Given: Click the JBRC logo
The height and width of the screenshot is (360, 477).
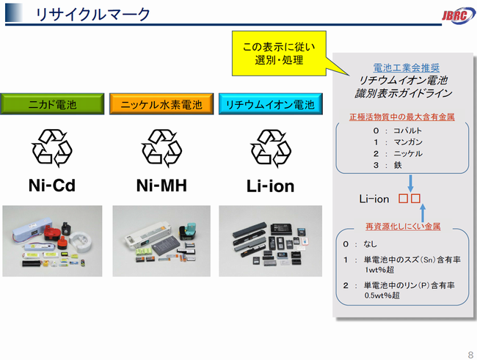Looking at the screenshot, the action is (459, 15).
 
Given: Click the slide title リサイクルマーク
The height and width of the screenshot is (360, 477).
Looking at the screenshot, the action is (92, 14).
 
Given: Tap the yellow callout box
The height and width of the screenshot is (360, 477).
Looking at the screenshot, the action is (279, 54).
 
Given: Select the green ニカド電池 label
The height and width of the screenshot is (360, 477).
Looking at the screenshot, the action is (52, 104).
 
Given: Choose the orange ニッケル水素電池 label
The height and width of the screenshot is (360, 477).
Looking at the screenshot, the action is (161, 104).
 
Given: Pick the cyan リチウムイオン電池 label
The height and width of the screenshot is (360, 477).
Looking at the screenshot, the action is (271, 104).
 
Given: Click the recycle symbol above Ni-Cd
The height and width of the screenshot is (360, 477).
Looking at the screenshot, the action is (52, 148).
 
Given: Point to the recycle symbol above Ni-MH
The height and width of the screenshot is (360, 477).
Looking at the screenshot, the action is (161, 148).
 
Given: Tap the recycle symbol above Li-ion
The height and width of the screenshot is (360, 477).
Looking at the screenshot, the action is (271, 148).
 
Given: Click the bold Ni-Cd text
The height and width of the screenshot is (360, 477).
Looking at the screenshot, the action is (52, 185).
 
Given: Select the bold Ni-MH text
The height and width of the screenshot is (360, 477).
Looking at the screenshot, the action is (161, 185).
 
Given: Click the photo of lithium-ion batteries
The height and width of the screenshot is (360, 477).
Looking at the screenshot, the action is (271, 240).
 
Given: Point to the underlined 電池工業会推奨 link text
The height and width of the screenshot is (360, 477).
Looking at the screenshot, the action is (406, 67).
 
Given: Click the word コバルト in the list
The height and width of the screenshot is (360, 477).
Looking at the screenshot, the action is (407, 131).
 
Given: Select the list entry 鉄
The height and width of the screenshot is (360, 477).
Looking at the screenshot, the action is (398, 165).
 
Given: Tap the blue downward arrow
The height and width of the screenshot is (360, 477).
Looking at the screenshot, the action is (410, 183).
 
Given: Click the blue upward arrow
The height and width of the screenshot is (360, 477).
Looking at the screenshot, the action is (422, 213).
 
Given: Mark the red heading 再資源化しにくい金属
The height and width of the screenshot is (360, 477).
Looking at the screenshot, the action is (403, 227).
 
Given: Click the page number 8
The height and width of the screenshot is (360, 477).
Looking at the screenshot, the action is (470, 355).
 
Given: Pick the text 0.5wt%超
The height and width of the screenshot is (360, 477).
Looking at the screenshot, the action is (382, 295).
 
